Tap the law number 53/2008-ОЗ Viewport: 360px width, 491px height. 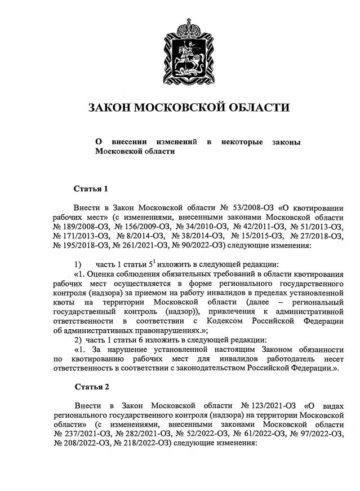point(246,208)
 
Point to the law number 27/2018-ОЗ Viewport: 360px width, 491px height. point(315,236)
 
